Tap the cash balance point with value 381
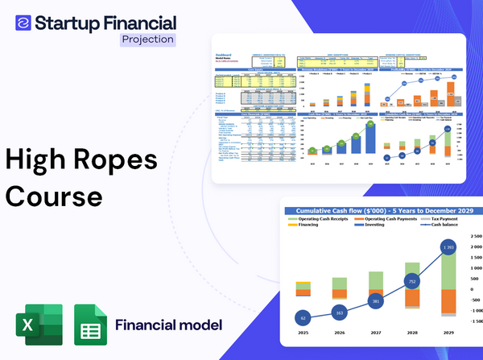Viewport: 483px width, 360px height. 374,300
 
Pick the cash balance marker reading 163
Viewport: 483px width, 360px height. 339,312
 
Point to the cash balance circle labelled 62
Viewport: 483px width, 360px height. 303,317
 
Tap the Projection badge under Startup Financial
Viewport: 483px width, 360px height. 147,39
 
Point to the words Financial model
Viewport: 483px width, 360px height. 168,325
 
